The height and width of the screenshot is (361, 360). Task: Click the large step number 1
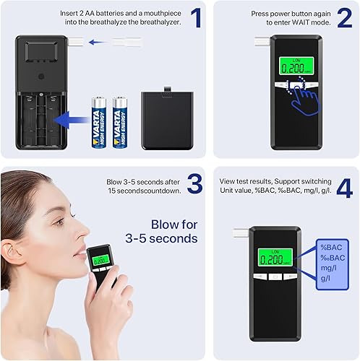click(194, 17)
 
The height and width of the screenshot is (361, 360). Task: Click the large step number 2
click(344, 17)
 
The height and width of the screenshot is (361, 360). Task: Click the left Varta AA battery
click(98, 123)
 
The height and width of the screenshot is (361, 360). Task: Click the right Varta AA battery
click(120, 123)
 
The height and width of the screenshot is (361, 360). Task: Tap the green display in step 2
click(294, 68)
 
